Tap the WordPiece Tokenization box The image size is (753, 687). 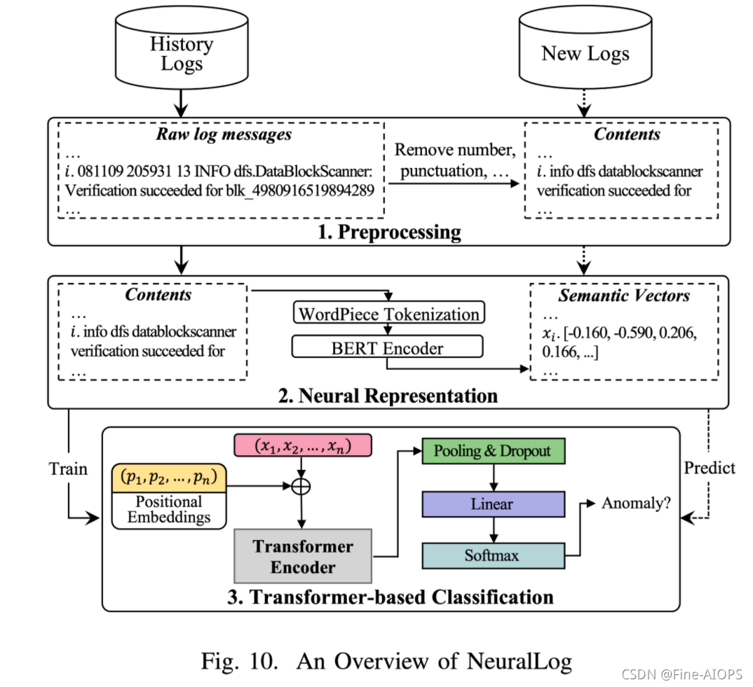click(389, 314)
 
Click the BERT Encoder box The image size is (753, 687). click(388, 347)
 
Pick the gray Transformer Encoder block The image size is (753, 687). click(303, 557)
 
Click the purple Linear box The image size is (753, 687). click(493, 504)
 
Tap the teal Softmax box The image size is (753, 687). click(493, 555)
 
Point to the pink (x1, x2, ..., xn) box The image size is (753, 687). click(304, 446)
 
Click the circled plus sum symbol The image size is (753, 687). click(301, 485)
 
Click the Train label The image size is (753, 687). click(69, 469)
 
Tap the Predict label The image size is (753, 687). click(710, 468)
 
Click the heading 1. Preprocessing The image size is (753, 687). click(389, 232)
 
